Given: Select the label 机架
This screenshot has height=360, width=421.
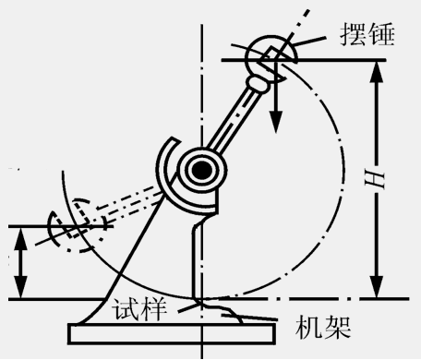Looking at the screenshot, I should pyautogui.click(x=324, y=328).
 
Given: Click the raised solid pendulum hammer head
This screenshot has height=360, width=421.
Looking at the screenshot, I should pyautogui.click(x=269, y=56).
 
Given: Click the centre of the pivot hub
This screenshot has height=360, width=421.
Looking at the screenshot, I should pyautogui.click(x=198, y=169).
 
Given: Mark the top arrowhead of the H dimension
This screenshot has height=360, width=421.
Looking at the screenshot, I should pyautogui.click(x=376, y=68).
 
